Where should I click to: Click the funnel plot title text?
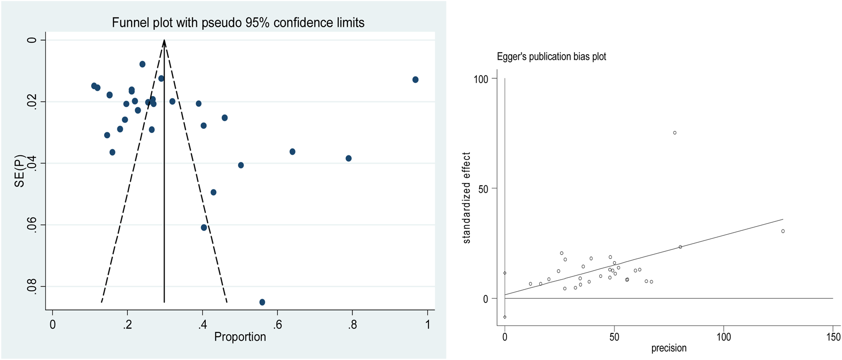(238, 23)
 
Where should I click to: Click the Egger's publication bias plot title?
(551, 57)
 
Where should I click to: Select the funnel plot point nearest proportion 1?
(415, 80)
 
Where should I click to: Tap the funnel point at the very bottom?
(262, 302)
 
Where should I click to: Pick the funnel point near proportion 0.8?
(349, 158)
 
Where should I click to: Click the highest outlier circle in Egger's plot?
(675, 133)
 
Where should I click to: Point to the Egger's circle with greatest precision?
(783, 231)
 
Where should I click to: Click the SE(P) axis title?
(19, 170)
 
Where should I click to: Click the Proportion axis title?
(240, 337)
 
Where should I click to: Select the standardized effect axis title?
(467, 198)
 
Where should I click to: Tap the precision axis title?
(669, 348)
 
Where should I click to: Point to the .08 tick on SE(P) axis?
(31, 286)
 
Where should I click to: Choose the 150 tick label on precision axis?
(833, 337)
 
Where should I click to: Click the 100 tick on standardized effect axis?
(481, 79)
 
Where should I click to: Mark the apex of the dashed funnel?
(164, 40)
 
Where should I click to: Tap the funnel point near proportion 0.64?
(292, 152)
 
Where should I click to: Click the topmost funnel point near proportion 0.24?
(143, 64)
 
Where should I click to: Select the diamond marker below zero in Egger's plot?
(505, 317)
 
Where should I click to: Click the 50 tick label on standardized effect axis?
(483, 189)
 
